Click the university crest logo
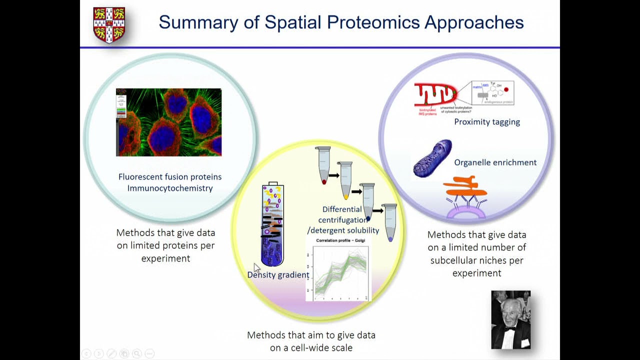pyautogui.click(x=109, y=24)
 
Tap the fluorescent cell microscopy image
pyautogui.click(x=168, y=122)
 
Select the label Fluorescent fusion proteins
pyautogui.click(x=170, y=176)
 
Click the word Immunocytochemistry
pyautogui.click(x=170, y=188)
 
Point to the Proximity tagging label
pyautogui.click(x=486, y=122)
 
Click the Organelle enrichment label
pyautogui.click(x=495, y=162)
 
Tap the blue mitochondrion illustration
pyautogui.click(x=432, y=158)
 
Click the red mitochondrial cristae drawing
pyautogui.click(x=435, y=94)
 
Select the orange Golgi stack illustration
pyautogui.click(x=465, y=186)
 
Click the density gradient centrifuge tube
pyautogui.click(x=272, y=225)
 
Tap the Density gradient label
pyautogui.click(x=278, y=275)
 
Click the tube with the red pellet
pyautogui.click(x=323, y=165)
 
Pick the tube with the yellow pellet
pyautogui.click(x=345, y=180)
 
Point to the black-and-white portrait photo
pyautogui.click(x=510, y=319)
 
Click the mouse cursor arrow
pyautogui.click(x=256, y=268)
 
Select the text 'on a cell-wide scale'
pyautogui.click(x=311, y=347)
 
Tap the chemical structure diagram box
pyautogui.click(x=492, y=93)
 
